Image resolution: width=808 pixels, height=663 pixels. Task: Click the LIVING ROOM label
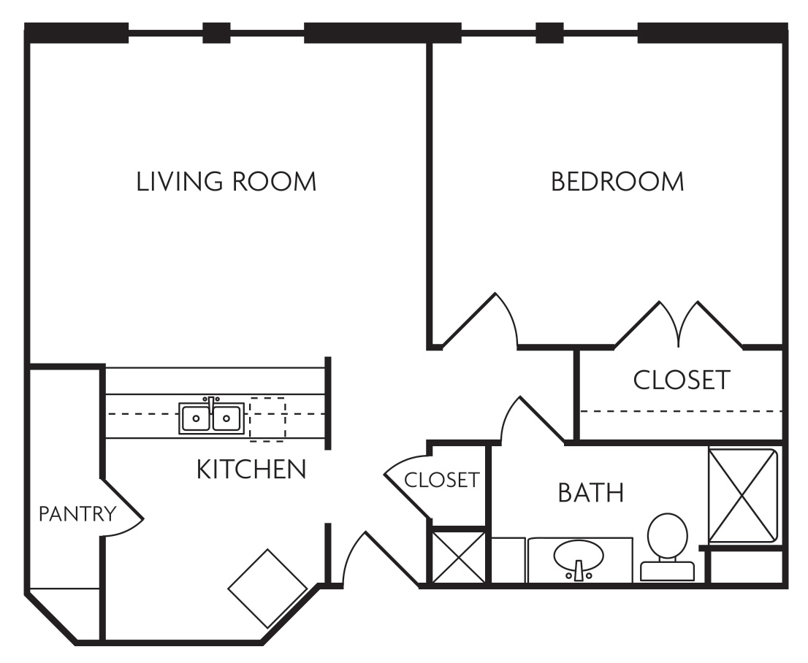pyautogui.click(x=226, y=182)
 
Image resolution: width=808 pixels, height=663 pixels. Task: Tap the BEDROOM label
pyautogui.click(x=617, y=182)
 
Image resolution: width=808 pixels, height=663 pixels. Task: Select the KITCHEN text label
pyautogui.click(x=251, y=470)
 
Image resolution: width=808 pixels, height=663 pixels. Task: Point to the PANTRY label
pyautogui.click(x=77, y=514)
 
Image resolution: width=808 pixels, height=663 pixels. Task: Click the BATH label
pyautogui.click(x=590, y=493)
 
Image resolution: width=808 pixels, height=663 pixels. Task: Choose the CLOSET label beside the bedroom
pyautogui.click(x=681, y=380)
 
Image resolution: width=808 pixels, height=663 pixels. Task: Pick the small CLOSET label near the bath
pyautogui.click(x=441, y=480)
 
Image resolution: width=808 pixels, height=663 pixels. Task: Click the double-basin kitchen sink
pyautogui.click(x=211, y=418)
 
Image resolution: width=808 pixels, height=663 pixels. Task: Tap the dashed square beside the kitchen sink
pyautogui.click(x=267, y=419)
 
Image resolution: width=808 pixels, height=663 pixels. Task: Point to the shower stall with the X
pyautogui.click(x=742, y=495)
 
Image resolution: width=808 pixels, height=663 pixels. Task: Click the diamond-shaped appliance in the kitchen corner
pyautogui.click(x=267, y=589)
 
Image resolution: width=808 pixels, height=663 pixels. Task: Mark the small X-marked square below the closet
pyautogui.click(x=458, y=556)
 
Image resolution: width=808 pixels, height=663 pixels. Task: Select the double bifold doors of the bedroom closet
pyautogui.click(x=679, y=323)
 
